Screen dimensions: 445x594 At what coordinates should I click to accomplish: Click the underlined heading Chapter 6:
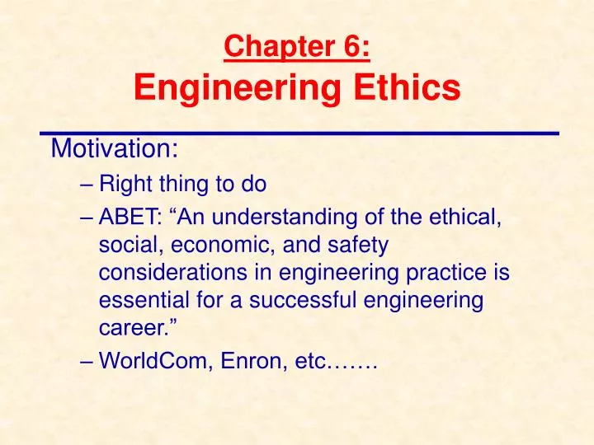[x=297, y=48]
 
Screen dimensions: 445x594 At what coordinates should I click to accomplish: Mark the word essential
[x=139, y=301]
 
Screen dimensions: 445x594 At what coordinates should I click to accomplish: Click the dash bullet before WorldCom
[x=89, y=360]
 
